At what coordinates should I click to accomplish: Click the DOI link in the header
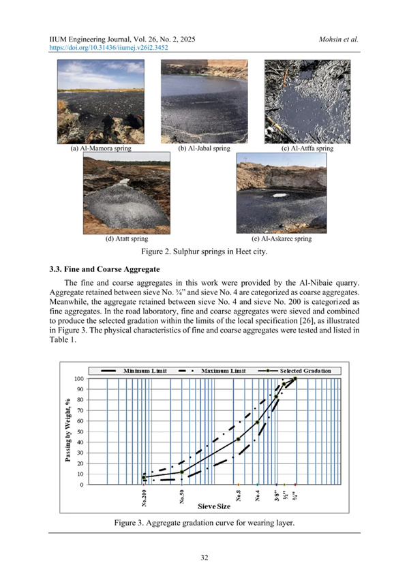[110, 49]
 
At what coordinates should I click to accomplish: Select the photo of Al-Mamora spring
[101, 102]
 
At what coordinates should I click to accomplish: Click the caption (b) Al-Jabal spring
[204, 148]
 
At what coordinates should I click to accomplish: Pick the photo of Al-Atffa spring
[307, 102]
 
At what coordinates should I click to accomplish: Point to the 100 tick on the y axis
[79, 379]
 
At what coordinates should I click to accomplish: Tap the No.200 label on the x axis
[145, 499]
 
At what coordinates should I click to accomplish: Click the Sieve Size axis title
[217, 507]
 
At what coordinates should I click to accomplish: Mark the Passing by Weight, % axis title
[70, 431]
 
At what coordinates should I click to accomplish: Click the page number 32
[204, 558]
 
